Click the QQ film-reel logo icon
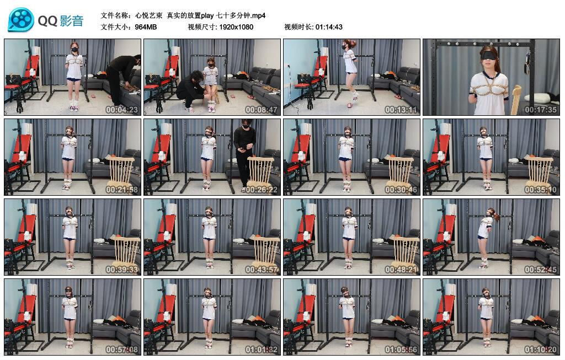[21, 20]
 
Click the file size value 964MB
[146, 27]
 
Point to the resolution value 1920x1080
[236, 27]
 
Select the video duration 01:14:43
[329, 27]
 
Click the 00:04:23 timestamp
[122, 110]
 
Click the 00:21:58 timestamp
[122, 190]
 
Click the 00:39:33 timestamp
[122, 270]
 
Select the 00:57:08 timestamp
[122, 350]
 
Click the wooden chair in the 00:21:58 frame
[120, 170]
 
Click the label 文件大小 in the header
[115, 27]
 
